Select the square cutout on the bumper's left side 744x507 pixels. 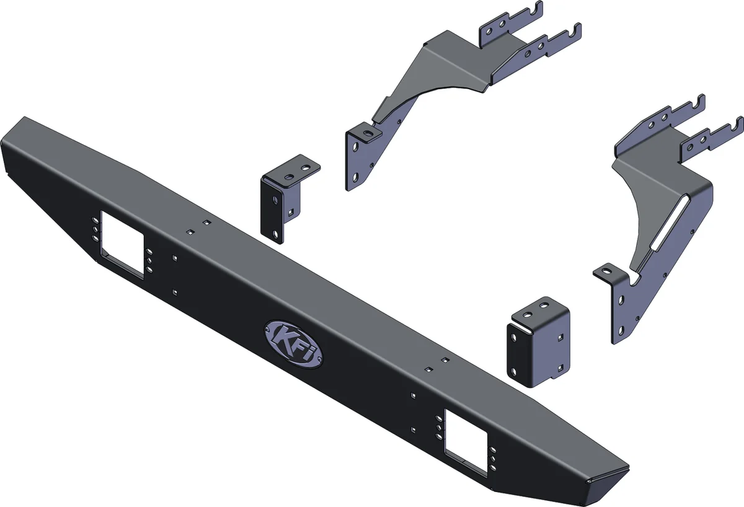122,245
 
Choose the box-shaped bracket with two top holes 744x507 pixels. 538,344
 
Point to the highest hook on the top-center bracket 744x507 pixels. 536,11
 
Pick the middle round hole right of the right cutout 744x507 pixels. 492,459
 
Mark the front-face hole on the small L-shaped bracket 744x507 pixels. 273,201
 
